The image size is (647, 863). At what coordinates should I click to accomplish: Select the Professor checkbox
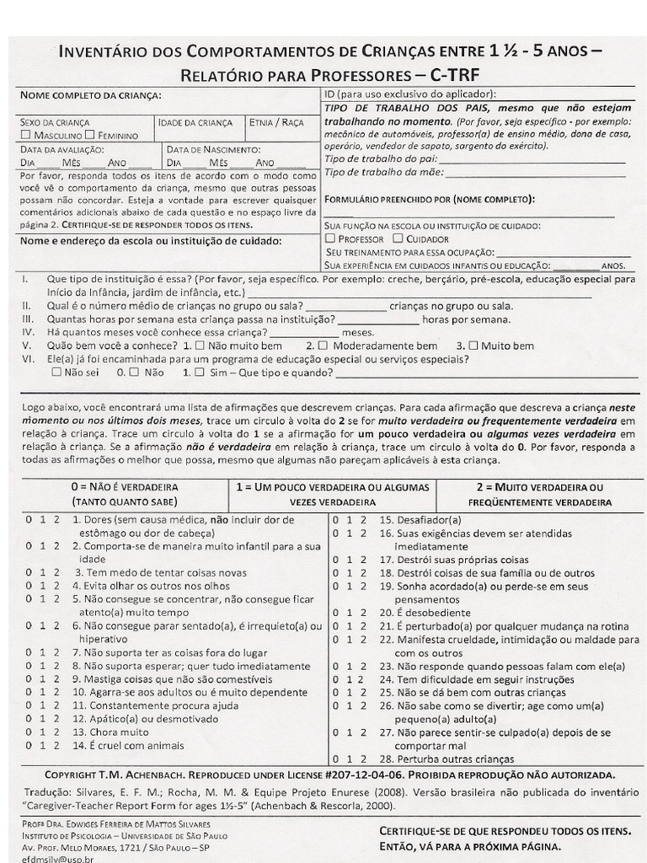pyautogui.click(x=330, y=239)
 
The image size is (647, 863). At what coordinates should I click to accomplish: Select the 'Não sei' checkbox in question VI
pyautogui.click(x=56, y=371)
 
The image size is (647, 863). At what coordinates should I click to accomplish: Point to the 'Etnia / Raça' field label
pyautogui.click(x=276, y=123)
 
